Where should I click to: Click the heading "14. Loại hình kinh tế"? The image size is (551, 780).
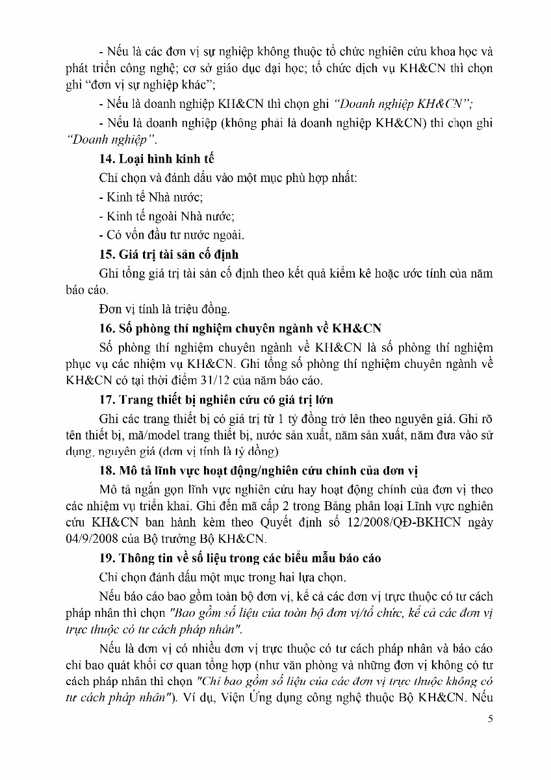pos(157,159)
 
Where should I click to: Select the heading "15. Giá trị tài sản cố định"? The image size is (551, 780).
pos(169,255)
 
